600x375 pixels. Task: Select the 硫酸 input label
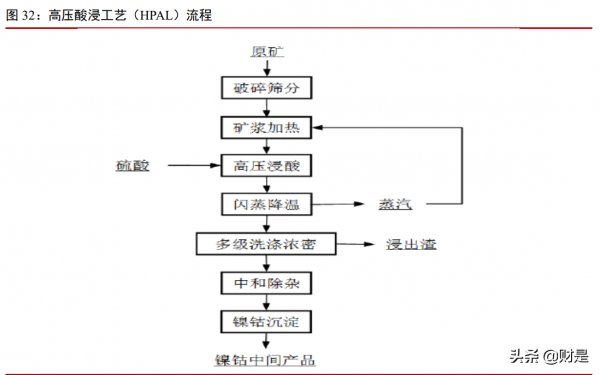131,165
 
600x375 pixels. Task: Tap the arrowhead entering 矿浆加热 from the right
320,127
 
